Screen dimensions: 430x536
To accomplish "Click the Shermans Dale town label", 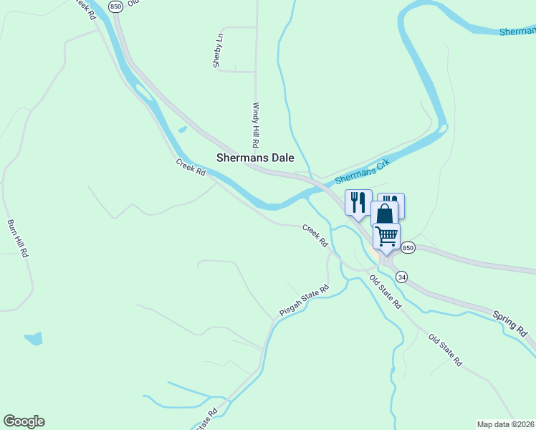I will tap(255, 158).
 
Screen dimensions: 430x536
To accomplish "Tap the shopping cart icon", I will tap(386, 235).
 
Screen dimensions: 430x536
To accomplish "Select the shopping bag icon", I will tap(385, 214).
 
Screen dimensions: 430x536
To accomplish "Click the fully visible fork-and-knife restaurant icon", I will tap(358, 201).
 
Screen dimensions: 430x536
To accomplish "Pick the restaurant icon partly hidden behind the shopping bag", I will tap(395, 199).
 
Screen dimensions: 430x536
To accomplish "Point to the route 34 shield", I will tap(401, 277).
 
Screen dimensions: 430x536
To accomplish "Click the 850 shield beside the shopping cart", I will tap(407, 247).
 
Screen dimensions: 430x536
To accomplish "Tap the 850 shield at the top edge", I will tap(116, 6).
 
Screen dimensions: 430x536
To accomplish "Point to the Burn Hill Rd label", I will tap(19, 238).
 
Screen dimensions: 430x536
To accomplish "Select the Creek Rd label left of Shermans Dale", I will tap(191, 167).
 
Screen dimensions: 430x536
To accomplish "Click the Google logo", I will tap(24, 421).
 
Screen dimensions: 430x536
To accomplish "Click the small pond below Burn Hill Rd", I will tap(33, 338).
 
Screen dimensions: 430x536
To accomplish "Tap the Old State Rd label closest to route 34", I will tap(386, 292).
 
